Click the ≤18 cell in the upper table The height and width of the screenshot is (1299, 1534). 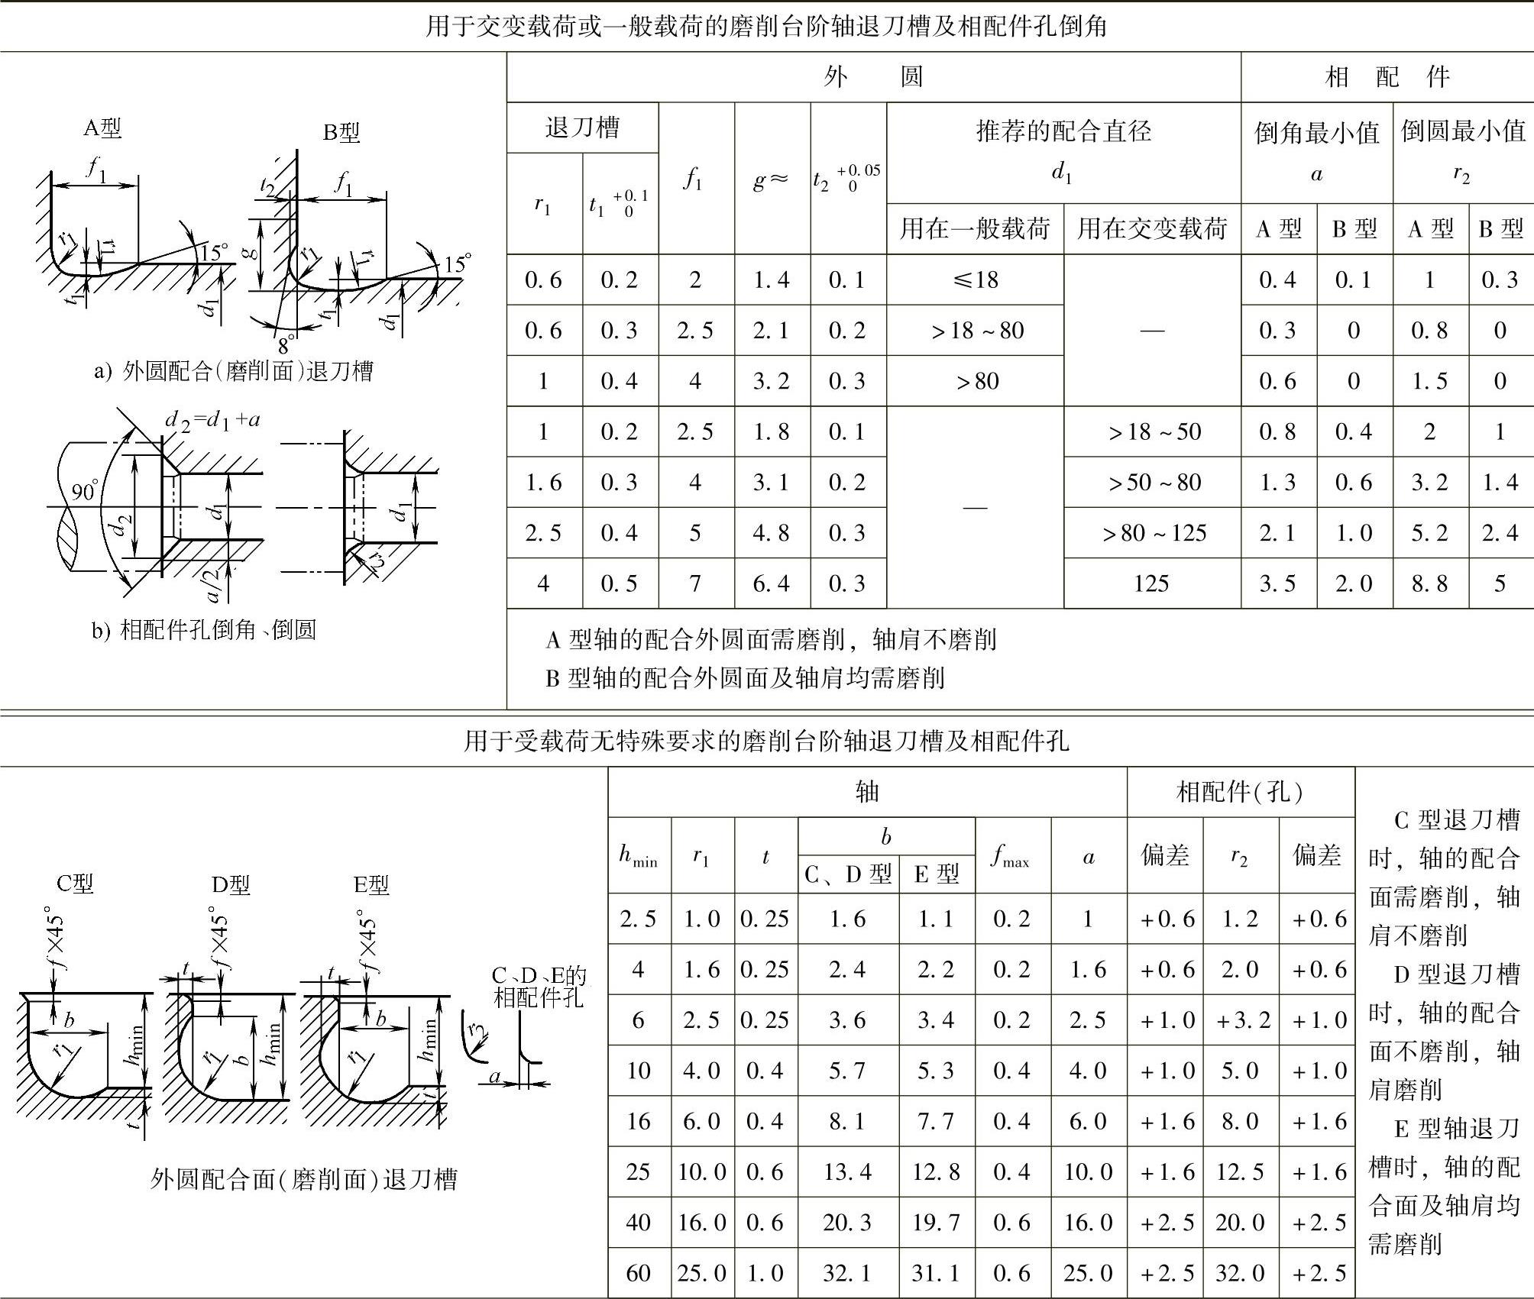pos(976,280)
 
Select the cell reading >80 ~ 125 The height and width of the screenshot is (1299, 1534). pos(1153,533)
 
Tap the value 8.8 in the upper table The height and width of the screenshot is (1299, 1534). pos(1429,583)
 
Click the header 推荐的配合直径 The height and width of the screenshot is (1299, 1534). pos(1063,131)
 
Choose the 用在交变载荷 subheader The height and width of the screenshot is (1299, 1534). pos(1151,228)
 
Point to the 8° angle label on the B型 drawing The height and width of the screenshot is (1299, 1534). pos(286,344)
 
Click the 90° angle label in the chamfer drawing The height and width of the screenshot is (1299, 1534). pos(86,491)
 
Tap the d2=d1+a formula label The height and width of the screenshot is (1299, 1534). pos(212,419)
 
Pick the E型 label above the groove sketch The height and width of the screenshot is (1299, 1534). pos(371,884)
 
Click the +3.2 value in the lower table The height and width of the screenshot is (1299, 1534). pos(1239,1019)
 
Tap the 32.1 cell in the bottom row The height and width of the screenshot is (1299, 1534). pos(847,1273)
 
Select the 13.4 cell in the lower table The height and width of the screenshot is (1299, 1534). pos(847,1171)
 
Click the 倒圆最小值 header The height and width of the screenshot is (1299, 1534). pos(1462,131)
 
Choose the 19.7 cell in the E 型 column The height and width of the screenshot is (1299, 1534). pos(936,1223)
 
